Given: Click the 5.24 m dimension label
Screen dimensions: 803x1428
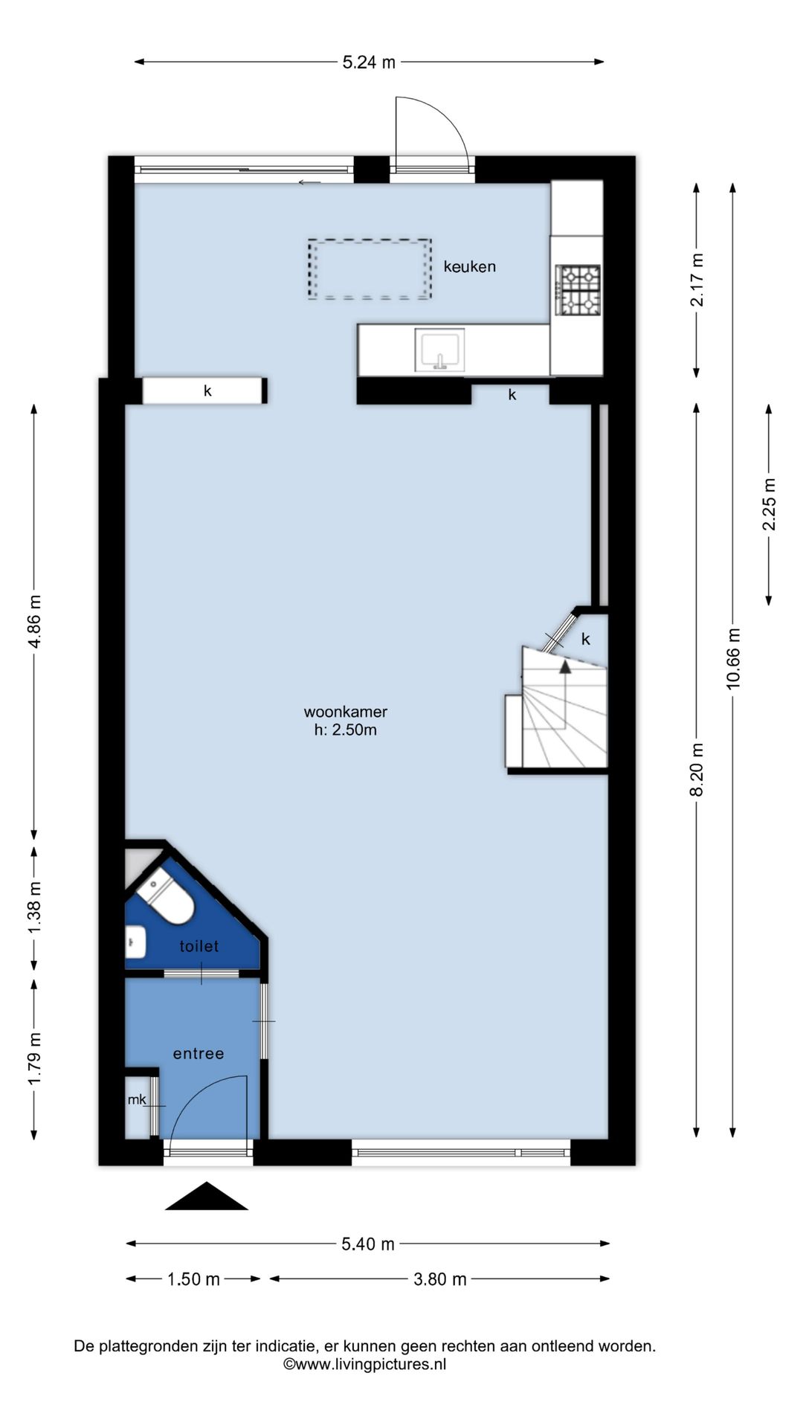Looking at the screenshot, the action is [369, 62].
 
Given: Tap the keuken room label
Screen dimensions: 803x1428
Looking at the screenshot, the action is [470, 266].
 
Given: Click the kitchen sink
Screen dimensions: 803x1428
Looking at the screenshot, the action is [439, 350].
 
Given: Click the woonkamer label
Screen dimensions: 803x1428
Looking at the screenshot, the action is [346, 712].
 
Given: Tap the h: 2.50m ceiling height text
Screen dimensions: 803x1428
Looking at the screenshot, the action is [346, 730].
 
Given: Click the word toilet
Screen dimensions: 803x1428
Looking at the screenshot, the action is [199, 946].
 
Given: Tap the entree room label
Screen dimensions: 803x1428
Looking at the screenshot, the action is [199, 1054].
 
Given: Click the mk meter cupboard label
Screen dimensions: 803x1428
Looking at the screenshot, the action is [137, 1099].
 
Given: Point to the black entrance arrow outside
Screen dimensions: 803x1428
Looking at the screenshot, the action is [206, 1197].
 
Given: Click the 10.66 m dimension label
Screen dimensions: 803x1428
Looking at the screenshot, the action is [734, 658].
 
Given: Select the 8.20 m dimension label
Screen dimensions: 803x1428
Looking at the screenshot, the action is [697, 770].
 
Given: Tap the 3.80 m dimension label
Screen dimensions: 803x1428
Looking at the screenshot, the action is [440, 1279].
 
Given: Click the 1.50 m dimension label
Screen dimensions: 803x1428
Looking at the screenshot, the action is [193, 1279].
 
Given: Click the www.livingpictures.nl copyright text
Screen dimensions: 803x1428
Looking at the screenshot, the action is [365, 1364].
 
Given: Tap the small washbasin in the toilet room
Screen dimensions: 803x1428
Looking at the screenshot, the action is [135, 942].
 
